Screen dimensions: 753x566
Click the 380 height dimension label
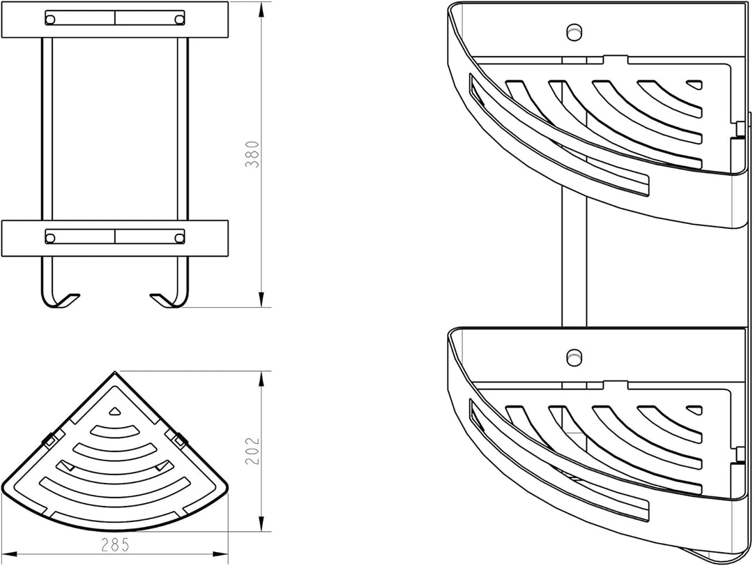[252, 154]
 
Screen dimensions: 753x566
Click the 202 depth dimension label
[252, 451]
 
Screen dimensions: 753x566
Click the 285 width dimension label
[115, 545]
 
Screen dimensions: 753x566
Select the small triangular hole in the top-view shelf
[114, 411]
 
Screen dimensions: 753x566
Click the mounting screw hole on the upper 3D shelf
[573, 31]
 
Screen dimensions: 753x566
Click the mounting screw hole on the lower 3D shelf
[573, 357]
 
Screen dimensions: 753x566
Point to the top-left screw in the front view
[50, 20]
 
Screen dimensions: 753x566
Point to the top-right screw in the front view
[180, 20]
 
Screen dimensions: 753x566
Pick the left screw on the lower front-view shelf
[50, 237]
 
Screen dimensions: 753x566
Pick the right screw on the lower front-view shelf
[180, 237]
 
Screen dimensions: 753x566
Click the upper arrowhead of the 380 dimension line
[261, 10]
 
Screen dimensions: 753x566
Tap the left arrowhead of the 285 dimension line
[10, 554]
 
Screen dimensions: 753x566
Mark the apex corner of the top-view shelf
[115, 372]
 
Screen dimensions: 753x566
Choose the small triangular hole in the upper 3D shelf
[694, 84]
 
